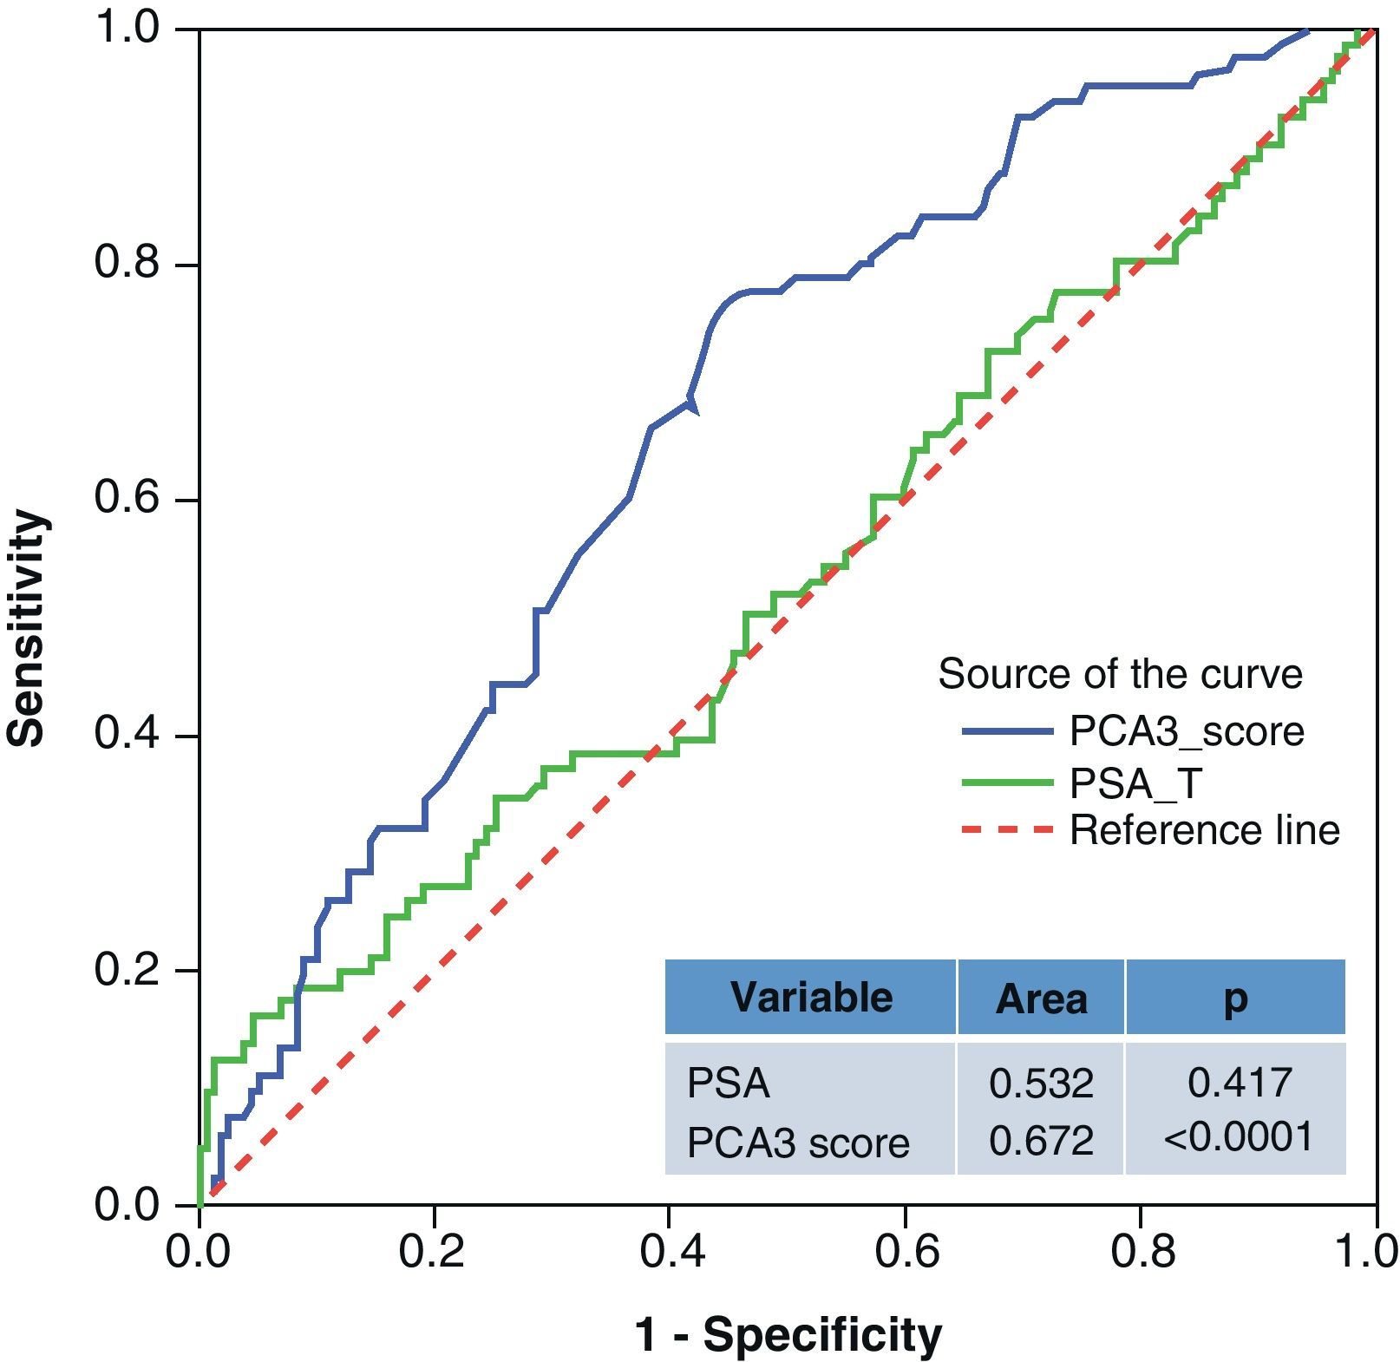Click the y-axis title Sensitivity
coord(26,628)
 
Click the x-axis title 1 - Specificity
coord(788,1333)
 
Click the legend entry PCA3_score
coord(1186,731)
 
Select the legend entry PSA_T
coord(1135,783)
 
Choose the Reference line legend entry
coord(1204,830)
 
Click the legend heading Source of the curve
coord(1120,674)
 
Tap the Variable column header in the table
coord(811,997)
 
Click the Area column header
coord(1041,999)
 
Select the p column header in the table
coord(1234,999)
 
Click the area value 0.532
coord(1041,1084)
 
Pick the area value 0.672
coord(1041,1141)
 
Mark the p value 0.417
coord(1240,1083)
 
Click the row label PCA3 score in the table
coord(797,1143)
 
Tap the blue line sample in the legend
coord(1006,732)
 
